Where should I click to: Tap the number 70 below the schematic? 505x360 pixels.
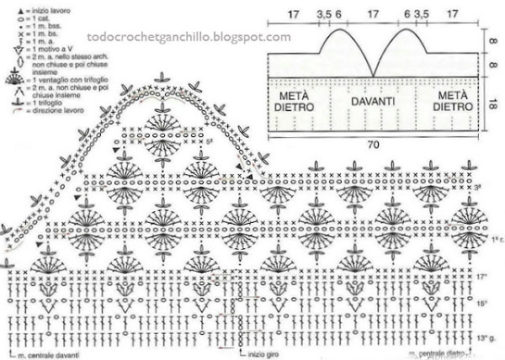pyautogui.click(x=373, y=144)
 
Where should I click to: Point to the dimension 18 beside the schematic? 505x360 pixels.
pyautogui.click(x=493, y=104)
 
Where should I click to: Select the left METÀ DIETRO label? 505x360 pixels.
pyautogui.click(x=295, y=102)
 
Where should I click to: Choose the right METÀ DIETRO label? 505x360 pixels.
pyautogui.click(x=451, y=102)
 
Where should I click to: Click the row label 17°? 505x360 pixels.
pyautogui.click(x=481, y=275)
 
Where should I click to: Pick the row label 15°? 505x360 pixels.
pyautogui.click(x=481, y=302)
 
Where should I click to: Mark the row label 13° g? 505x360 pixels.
pyautogui.click(x=486, y=336)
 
